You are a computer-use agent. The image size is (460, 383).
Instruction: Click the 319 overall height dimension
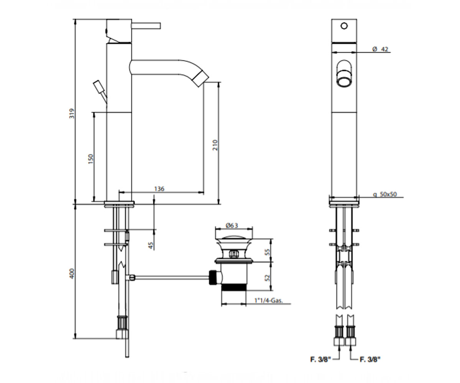tap(72, 113)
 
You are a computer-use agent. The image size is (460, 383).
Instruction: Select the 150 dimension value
tap(91, 159)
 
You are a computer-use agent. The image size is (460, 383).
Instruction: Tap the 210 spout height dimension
tap(215, 145)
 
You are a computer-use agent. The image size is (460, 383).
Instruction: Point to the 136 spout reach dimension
tap(159, 189)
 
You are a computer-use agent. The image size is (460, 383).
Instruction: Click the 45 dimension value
tap(151, 245)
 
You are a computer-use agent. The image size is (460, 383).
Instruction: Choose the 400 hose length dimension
tap(72, 273)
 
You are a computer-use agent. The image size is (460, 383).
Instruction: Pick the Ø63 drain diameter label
tap(232, 225)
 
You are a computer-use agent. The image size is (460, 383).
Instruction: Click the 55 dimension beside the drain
tap(267, 252)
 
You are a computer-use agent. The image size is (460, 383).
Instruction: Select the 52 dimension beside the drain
tap(267, 278)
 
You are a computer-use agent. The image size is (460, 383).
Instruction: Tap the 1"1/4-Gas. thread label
tap(269, 300)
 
